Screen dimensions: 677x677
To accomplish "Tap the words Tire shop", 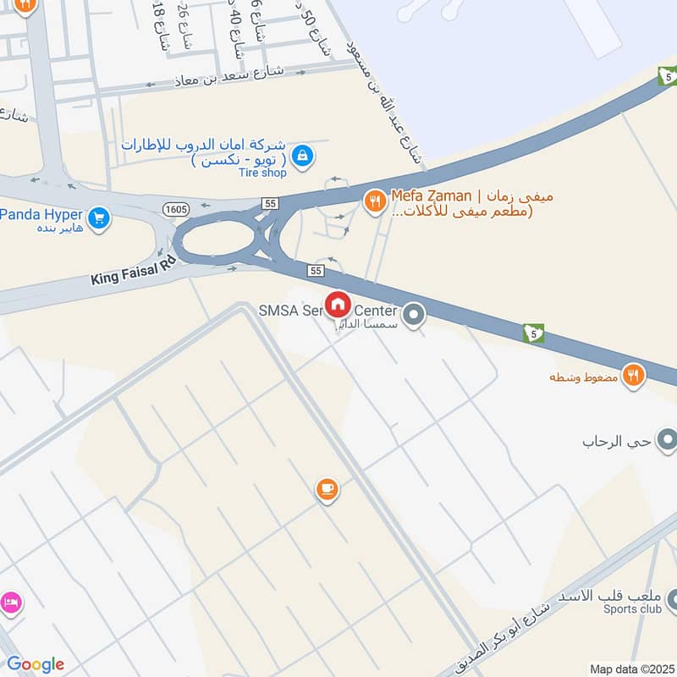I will pyautogui.click(x=262, y=173).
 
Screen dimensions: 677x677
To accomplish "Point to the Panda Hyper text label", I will pyautogui.click(x=42, y=214).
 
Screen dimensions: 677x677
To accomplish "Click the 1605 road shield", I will pyautogui.click(x=176, y=208).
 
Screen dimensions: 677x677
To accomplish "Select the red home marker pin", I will pyautogui.click(x=338, y=305).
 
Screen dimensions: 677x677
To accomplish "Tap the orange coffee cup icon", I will pyautogui.click(x=327, y=488).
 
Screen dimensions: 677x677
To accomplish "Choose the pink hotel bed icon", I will pyautogui.click(x=11, y=602).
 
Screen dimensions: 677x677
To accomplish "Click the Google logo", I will pyautogui.click(x=36, y=664).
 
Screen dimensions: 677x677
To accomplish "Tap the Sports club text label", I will pyautogui.click(x=631, y=608).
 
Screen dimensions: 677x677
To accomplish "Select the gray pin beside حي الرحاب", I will pyautogui.click(x=667, y=440).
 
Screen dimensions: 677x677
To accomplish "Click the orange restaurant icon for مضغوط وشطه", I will pyautogui.click(x=632, y=374).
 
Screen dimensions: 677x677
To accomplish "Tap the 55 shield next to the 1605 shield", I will pyautogui.click(x=270, y=204).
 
